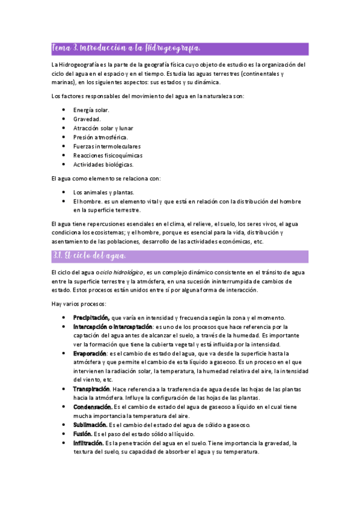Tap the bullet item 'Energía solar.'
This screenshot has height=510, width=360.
coord(91,110)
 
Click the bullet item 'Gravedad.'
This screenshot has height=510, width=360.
coord(87,119)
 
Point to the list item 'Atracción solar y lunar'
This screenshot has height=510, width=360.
coord(103,128)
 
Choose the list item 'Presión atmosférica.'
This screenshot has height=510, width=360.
coord(100,137)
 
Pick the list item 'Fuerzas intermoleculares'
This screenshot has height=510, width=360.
coord(107,146)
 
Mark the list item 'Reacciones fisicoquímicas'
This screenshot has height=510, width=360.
coord(108,155)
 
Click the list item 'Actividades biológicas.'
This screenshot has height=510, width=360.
coord(103,164)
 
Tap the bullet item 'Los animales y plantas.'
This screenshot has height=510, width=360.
coord(103,192)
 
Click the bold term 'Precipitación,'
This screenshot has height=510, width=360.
coord(91,317)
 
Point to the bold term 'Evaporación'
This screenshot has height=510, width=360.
coord(90,353)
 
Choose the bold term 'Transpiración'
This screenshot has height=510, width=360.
coord(92,389)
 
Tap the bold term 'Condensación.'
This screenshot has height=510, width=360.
coord(94,407)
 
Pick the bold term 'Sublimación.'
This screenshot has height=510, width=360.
coord(91,425)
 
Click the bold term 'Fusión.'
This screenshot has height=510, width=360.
coord(83,434)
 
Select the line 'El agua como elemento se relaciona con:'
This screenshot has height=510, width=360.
coord(106,178)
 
